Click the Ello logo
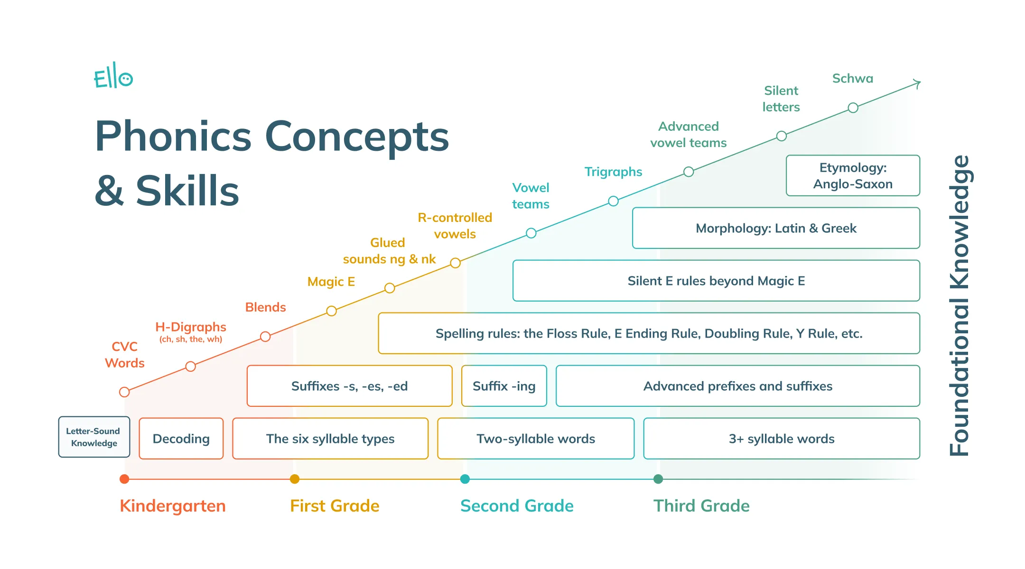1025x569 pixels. (113, 76)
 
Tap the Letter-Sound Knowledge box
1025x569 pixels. (94, 437)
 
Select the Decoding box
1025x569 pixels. (181, 439)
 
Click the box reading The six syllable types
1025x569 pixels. (330, 439)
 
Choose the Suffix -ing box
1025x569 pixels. (504, 386)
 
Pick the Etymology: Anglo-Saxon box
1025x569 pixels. (853, 175)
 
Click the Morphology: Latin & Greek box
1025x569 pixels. (776, 228)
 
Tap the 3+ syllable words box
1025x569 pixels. (782, 439)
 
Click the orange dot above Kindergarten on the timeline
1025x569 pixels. (124, 479)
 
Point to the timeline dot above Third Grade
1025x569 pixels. (658, 479)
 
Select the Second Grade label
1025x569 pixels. (517, 506)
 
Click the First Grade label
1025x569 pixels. (335, 506)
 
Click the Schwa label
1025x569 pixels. (853, 78)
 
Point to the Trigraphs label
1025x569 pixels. (613, 172)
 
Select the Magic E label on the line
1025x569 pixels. (331, 282)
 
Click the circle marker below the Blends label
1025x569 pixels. (265, 337)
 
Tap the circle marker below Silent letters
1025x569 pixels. (782, 136)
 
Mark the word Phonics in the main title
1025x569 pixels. (173, 137)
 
